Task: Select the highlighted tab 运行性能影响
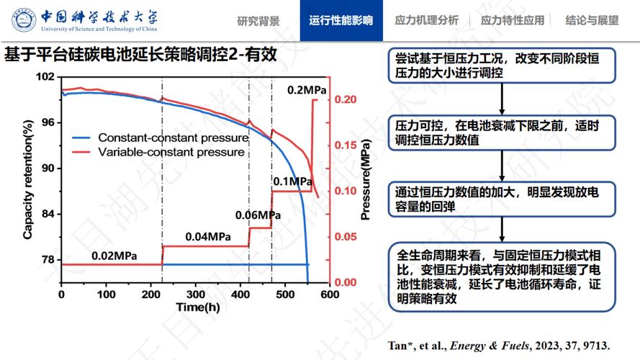tap(341, 21)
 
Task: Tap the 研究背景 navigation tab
tap(258, 21)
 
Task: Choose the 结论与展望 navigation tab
tap(592, 21)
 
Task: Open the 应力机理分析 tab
tap(426, 21)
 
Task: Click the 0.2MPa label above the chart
tap(307, 90)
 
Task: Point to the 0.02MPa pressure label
tap(114, 256)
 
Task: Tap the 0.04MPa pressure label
tap(208, 237)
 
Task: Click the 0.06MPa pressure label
tap(258, 215)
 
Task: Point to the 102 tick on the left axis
tap(45, 76)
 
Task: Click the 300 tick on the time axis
tap(196, 295)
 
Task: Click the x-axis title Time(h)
tap(197, 307)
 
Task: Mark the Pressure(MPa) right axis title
tap(366, 180)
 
